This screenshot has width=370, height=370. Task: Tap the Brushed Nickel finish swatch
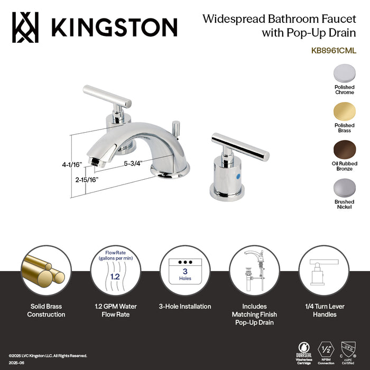pos(344,187)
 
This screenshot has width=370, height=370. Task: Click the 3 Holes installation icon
pos(185,270)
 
